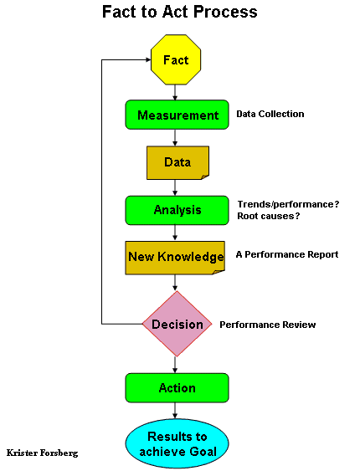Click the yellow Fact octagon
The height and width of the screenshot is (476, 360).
click(x=176, y=59)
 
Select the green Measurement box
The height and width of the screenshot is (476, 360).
click(x=177, y=115)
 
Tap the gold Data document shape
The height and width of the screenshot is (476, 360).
click(x=177, y=163)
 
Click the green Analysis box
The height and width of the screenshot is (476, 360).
click(x=177, y=210)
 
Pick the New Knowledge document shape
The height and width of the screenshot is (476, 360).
click(x=175, y=258)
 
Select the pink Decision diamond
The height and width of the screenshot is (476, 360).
click(x=177, y=324)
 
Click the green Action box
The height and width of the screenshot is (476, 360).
click(x=177, y=388)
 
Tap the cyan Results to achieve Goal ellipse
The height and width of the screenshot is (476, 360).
click(x=177, y=444)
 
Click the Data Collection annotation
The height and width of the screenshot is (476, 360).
click(x=270, y=114)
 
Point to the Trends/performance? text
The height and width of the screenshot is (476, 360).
click(x=288, y=204)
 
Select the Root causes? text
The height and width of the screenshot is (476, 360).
click(x=268, y=216)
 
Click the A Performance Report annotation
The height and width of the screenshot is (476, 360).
click(x=287, y=254)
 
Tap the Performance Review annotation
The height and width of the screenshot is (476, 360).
click(x=268, y=325)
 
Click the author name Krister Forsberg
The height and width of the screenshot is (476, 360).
click(x=42, y=453)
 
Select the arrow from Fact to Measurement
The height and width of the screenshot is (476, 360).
click(x=175, y=93)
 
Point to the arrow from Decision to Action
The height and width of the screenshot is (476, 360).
click(x=175, y=365)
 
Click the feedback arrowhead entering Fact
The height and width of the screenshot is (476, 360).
click(x=148, y=59)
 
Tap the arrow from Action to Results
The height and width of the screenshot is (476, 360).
click(x=175, y=411)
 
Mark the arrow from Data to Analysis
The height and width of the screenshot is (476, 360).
click(x=175, y=187)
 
